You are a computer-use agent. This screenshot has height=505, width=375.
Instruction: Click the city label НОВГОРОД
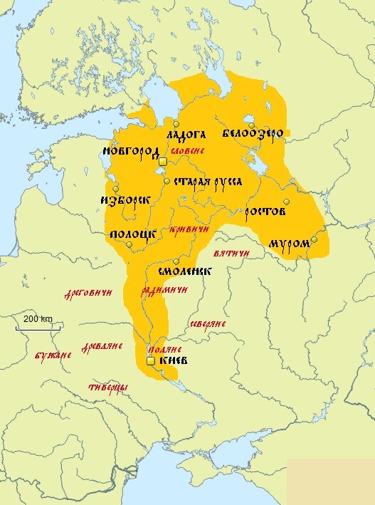[x=130, y=152]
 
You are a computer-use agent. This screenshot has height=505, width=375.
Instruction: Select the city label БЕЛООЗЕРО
[x=253, y=134]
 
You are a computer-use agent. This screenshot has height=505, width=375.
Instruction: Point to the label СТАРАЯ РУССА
[x=208, y=182]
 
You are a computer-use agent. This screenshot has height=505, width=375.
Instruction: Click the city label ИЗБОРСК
[x=125, y=201]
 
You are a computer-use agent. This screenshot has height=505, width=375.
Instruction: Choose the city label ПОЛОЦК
[x=132, y=234]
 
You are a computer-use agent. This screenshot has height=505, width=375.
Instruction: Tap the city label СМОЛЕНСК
[x=184, y=272]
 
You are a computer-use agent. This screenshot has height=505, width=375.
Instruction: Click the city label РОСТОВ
[x=265, y=212]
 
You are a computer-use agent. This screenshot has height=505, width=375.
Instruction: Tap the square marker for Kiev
[x=150, y=362]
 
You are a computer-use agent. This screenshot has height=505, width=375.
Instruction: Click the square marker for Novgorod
[x=162, y=162]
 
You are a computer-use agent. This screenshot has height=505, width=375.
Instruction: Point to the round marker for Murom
[x=314, y=240]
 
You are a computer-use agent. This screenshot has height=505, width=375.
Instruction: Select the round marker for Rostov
[x=286, y=202]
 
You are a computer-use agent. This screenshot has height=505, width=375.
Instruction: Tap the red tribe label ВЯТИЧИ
[x=231, y=254]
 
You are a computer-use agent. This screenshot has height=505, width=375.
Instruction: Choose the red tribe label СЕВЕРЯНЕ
[x=207, y=324]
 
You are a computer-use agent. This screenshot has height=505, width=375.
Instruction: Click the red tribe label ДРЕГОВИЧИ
[x=88, y=293]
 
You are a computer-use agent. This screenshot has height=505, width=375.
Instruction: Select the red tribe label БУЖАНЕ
[x=53, y=355]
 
